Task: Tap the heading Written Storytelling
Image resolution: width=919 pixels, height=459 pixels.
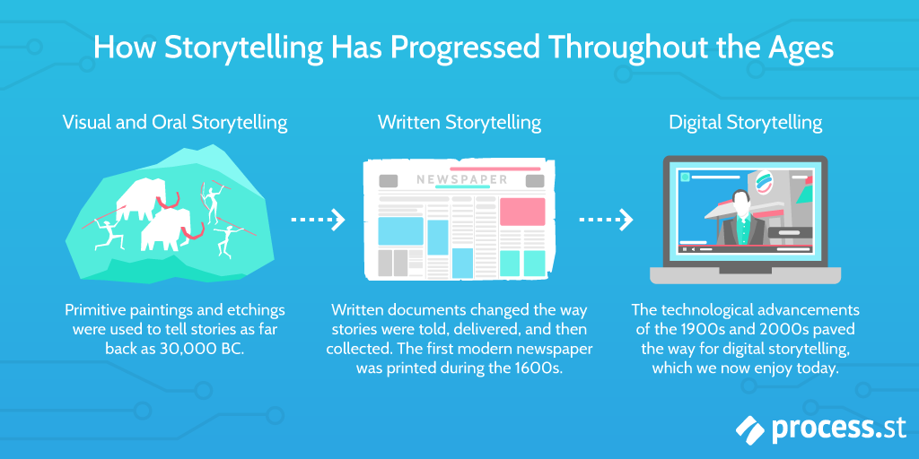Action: [x=459, y=123]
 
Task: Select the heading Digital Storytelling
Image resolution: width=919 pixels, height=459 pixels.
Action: [x=746, y=123]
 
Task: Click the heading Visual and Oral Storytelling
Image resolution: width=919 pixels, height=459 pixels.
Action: [x=175, y=123]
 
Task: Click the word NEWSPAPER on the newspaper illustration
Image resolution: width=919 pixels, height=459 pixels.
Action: [x=462, y=179]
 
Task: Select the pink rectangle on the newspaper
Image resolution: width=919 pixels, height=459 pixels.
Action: [x=522, y=212]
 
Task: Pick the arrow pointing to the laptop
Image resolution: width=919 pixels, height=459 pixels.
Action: [x=606, y=221]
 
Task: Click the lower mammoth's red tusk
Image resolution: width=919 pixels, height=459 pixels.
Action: [x=192, y=230]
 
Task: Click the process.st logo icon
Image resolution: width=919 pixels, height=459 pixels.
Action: [x=751, y=430]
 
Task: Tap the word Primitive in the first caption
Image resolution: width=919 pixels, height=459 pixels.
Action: [x=94, y=310]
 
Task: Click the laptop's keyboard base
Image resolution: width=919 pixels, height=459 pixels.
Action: [x=745, y=275]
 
